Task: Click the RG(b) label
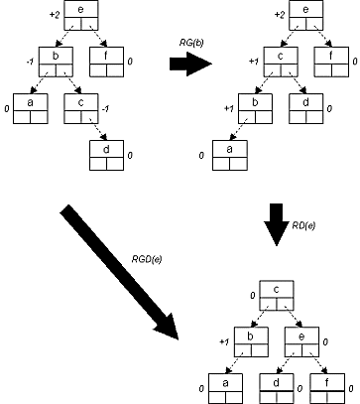pos(190,44)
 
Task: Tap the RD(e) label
pos(303,225)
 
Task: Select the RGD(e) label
pos(147,259)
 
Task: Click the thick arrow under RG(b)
pos(190,64)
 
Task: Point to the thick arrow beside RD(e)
pos(276,224)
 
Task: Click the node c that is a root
pos(277,295)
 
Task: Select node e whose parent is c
pos(301,342)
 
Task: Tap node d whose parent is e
pos(277,388)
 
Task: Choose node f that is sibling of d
pos(327,388)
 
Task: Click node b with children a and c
pos(56,62)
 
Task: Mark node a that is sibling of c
pos(31,109)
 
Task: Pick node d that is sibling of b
pos(306,109)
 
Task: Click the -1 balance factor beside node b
pos(30,62)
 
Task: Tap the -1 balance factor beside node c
pos(105,109)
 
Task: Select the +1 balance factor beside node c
pos(254,62)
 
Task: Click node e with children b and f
pos(81,15)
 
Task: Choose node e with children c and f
pos(306,15)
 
